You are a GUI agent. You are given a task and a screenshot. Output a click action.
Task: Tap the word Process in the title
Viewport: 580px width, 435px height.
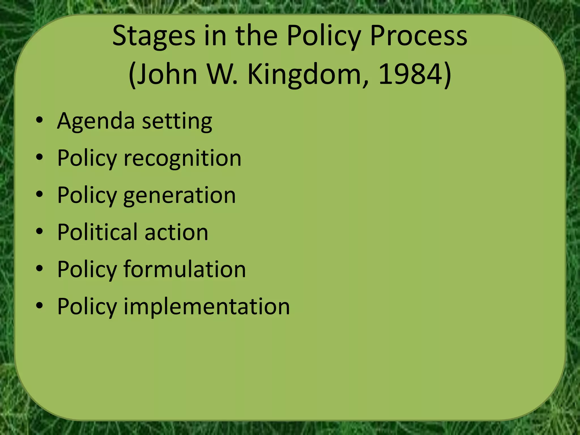click(x=419, y=36)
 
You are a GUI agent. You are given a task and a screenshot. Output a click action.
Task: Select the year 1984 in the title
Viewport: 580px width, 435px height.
click(x=411, y=74)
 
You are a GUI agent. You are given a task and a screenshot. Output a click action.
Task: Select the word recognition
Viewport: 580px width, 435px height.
click(x=182, y=159)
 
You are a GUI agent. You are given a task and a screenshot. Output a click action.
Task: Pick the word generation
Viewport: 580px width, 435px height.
click(x=179, y=196)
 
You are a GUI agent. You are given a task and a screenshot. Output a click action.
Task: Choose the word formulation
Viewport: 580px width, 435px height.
click(x=185, y=269)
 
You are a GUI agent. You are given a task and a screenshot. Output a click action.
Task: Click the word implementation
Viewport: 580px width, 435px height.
click(x=206, y=306)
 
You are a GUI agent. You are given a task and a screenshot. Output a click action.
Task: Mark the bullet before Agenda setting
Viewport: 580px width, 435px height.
click(x=40, y=121)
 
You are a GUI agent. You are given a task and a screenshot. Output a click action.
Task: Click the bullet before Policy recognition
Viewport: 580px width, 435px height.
click(x=40, y=157)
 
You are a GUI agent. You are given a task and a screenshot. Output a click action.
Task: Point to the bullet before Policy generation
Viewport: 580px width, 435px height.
click(x=40, y=195)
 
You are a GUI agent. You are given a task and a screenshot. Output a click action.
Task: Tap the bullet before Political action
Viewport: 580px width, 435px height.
click(x=40, y=232)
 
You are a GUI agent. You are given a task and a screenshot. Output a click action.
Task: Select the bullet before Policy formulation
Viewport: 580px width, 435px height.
click(x=40, y=268)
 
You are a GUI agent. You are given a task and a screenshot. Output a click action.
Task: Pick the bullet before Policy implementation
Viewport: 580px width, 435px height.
click(x=40, y=306)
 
